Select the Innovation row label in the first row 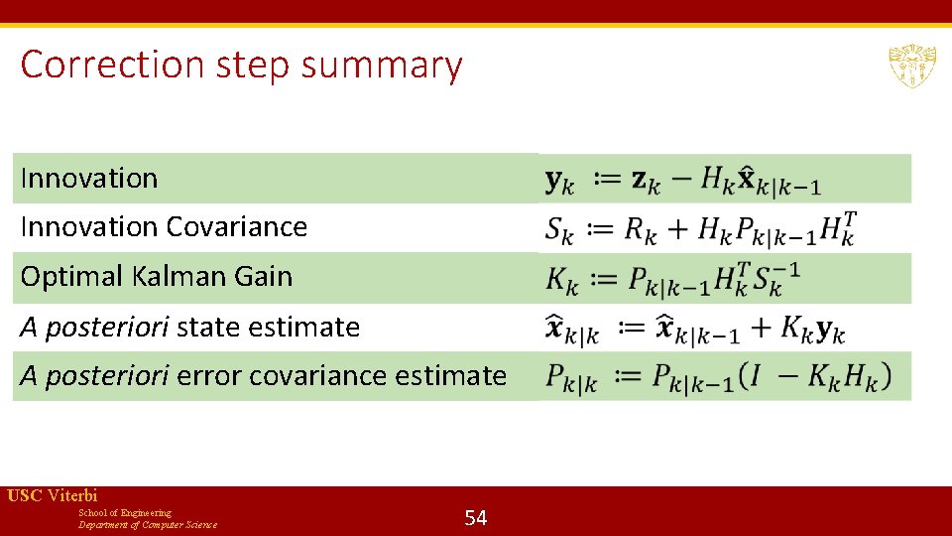pyautogui.click(x=89, y=179)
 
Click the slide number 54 pyautogui.click(x=476, y=517)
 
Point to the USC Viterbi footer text pyautogui.click(x=53, y=496)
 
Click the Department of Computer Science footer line pyautogui.click(x=148, y=525)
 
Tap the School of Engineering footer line pyautogui.click(x=125, y=512)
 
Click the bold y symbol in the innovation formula pyautogui.click(x=558, y=182)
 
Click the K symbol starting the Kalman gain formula pyautogui.click(x=560, y=281)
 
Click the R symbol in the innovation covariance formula pyautogui.click(x=638, y=230)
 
